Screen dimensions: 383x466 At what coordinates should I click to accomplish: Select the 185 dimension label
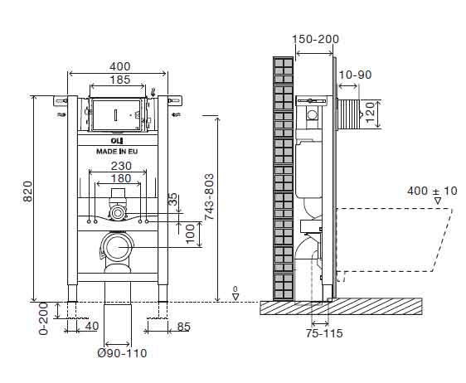click(118, 80)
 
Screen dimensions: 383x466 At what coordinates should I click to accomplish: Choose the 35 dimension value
click(172, 200)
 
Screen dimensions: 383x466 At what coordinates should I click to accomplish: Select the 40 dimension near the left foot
click(92, 326)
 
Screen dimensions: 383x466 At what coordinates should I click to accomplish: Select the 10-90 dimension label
click(355, 75)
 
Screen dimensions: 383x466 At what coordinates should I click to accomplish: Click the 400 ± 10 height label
click(432, 191)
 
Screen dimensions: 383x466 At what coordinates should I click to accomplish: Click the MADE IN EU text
click(117, 152)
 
